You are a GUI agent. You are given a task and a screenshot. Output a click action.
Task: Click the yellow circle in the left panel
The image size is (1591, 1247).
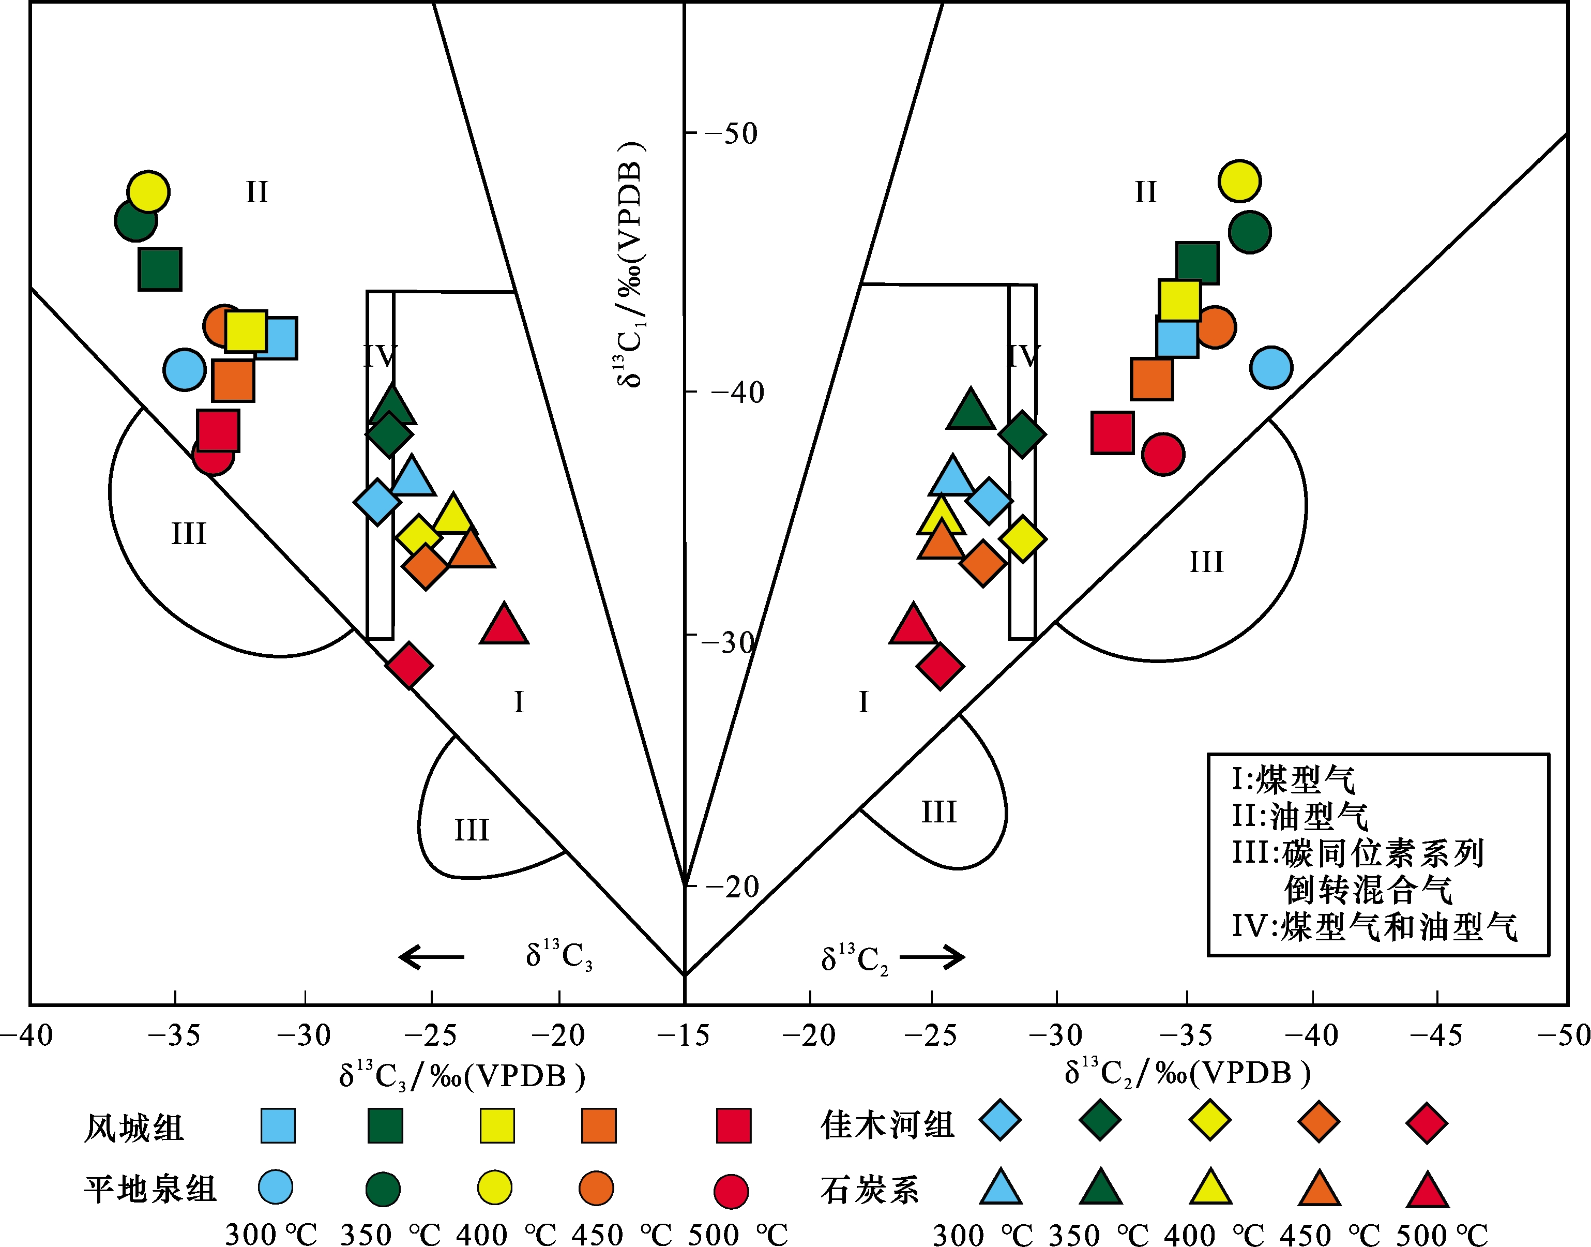pyautogui.click(x=148, y=192)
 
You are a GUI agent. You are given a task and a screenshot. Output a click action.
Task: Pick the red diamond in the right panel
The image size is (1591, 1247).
pyautogui.click(x=940, y=666)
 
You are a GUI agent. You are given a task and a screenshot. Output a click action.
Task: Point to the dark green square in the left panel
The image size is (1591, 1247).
pyautogui.click(x=160, y=268)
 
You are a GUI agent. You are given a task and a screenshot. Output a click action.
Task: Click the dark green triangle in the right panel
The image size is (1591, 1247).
pyautogui.click(x=971, y=410)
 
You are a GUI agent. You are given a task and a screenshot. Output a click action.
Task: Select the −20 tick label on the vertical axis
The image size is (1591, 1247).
pyautogui.click(x=732, y=887)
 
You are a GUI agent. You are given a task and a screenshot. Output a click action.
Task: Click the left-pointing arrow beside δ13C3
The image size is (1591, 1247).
pyautogui.click(x=431, y=956)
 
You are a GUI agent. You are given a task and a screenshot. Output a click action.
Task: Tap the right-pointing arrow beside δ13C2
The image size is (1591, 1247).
pyautogui.click(x=933, y=956)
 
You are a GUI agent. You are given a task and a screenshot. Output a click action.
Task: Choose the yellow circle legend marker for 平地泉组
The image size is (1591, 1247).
pyautogui.click(x=494, y=1188)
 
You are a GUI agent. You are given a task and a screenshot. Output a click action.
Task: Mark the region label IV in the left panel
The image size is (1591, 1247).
pyautogui.click(x=380, y=357)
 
